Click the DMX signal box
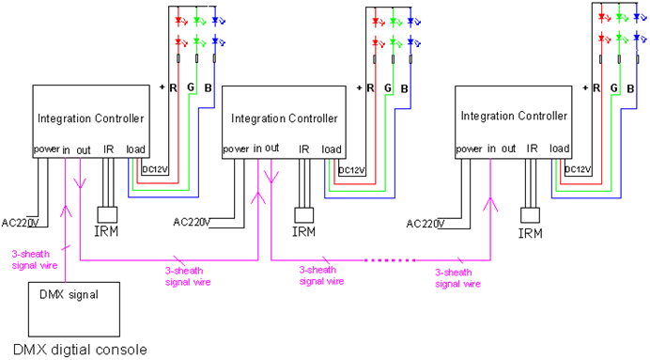coord(74,309)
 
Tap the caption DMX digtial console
coord(81,350)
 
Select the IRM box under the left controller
coord(107,215)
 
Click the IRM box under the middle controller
coord(303,215)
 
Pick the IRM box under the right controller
coord(530,215)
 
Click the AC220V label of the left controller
coord(20,223)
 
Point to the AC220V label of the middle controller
coord(192,223)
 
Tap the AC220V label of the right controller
coord(425,224)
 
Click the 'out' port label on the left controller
coord(84,150)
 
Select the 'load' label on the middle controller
coord(332,149)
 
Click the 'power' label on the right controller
coord(469,149)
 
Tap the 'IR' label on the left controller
coord(109,149)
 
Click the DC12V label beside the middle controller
coord(351,170)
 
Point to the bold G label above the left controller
coord(191,87)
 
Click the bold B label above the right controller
coord(630,88)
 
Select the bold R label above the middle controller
coord(370,88)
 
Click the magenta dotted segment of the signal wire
coord(390,260)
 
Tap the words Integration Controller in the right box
coord(514,116)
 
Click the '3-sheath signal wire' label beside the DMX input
coord(35,259)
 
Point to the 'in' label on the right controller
coord(491,149)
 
